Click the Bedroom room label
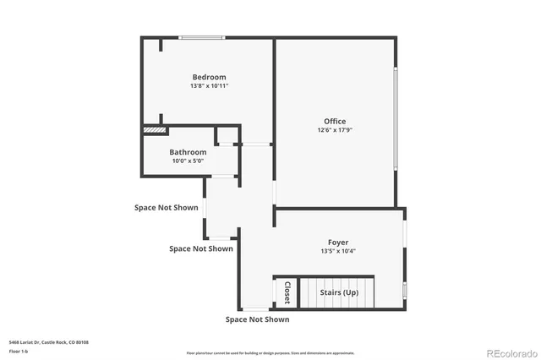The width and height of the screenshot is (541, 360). coord(209,77)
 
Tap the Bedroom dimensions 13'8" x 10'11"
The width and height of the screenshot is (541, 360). coord(209,85)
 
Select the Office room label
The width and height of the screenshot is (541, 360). coord(335,122)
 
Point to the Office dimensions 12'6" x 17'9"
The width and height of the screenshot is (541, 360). coord(335,130)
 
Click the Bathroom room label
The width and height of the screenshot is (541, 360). coord(188,152)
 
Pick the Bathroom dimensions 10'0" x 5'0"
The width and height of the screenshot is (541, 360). coord(188,161)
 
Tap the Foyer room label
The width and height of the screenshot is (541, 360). coord(337,242)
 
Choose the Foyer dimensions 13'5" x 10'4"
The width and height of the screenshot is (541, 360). coord(337,251)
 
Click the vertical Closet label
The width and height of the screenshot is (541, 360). coord(287,292)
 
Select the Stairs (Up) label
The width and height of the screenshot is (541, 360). coord(339,293)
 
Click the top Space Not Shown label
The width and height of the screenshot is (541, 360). coord(167,207)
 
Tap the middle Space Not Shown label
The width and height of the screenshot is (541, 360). coord(200,248)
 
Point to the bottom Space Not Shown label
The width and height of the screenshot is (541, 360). coord(257,319)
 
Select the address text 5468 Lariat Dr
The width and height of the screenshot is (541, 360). coord(48,342)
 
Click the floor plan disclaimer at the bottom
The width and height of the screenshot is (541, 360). coord(270,352)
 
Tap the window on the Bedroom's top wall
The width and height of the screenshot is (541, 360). coord(201,37)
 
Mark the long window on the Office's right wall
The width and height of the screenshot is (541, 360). coord(396,118)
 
